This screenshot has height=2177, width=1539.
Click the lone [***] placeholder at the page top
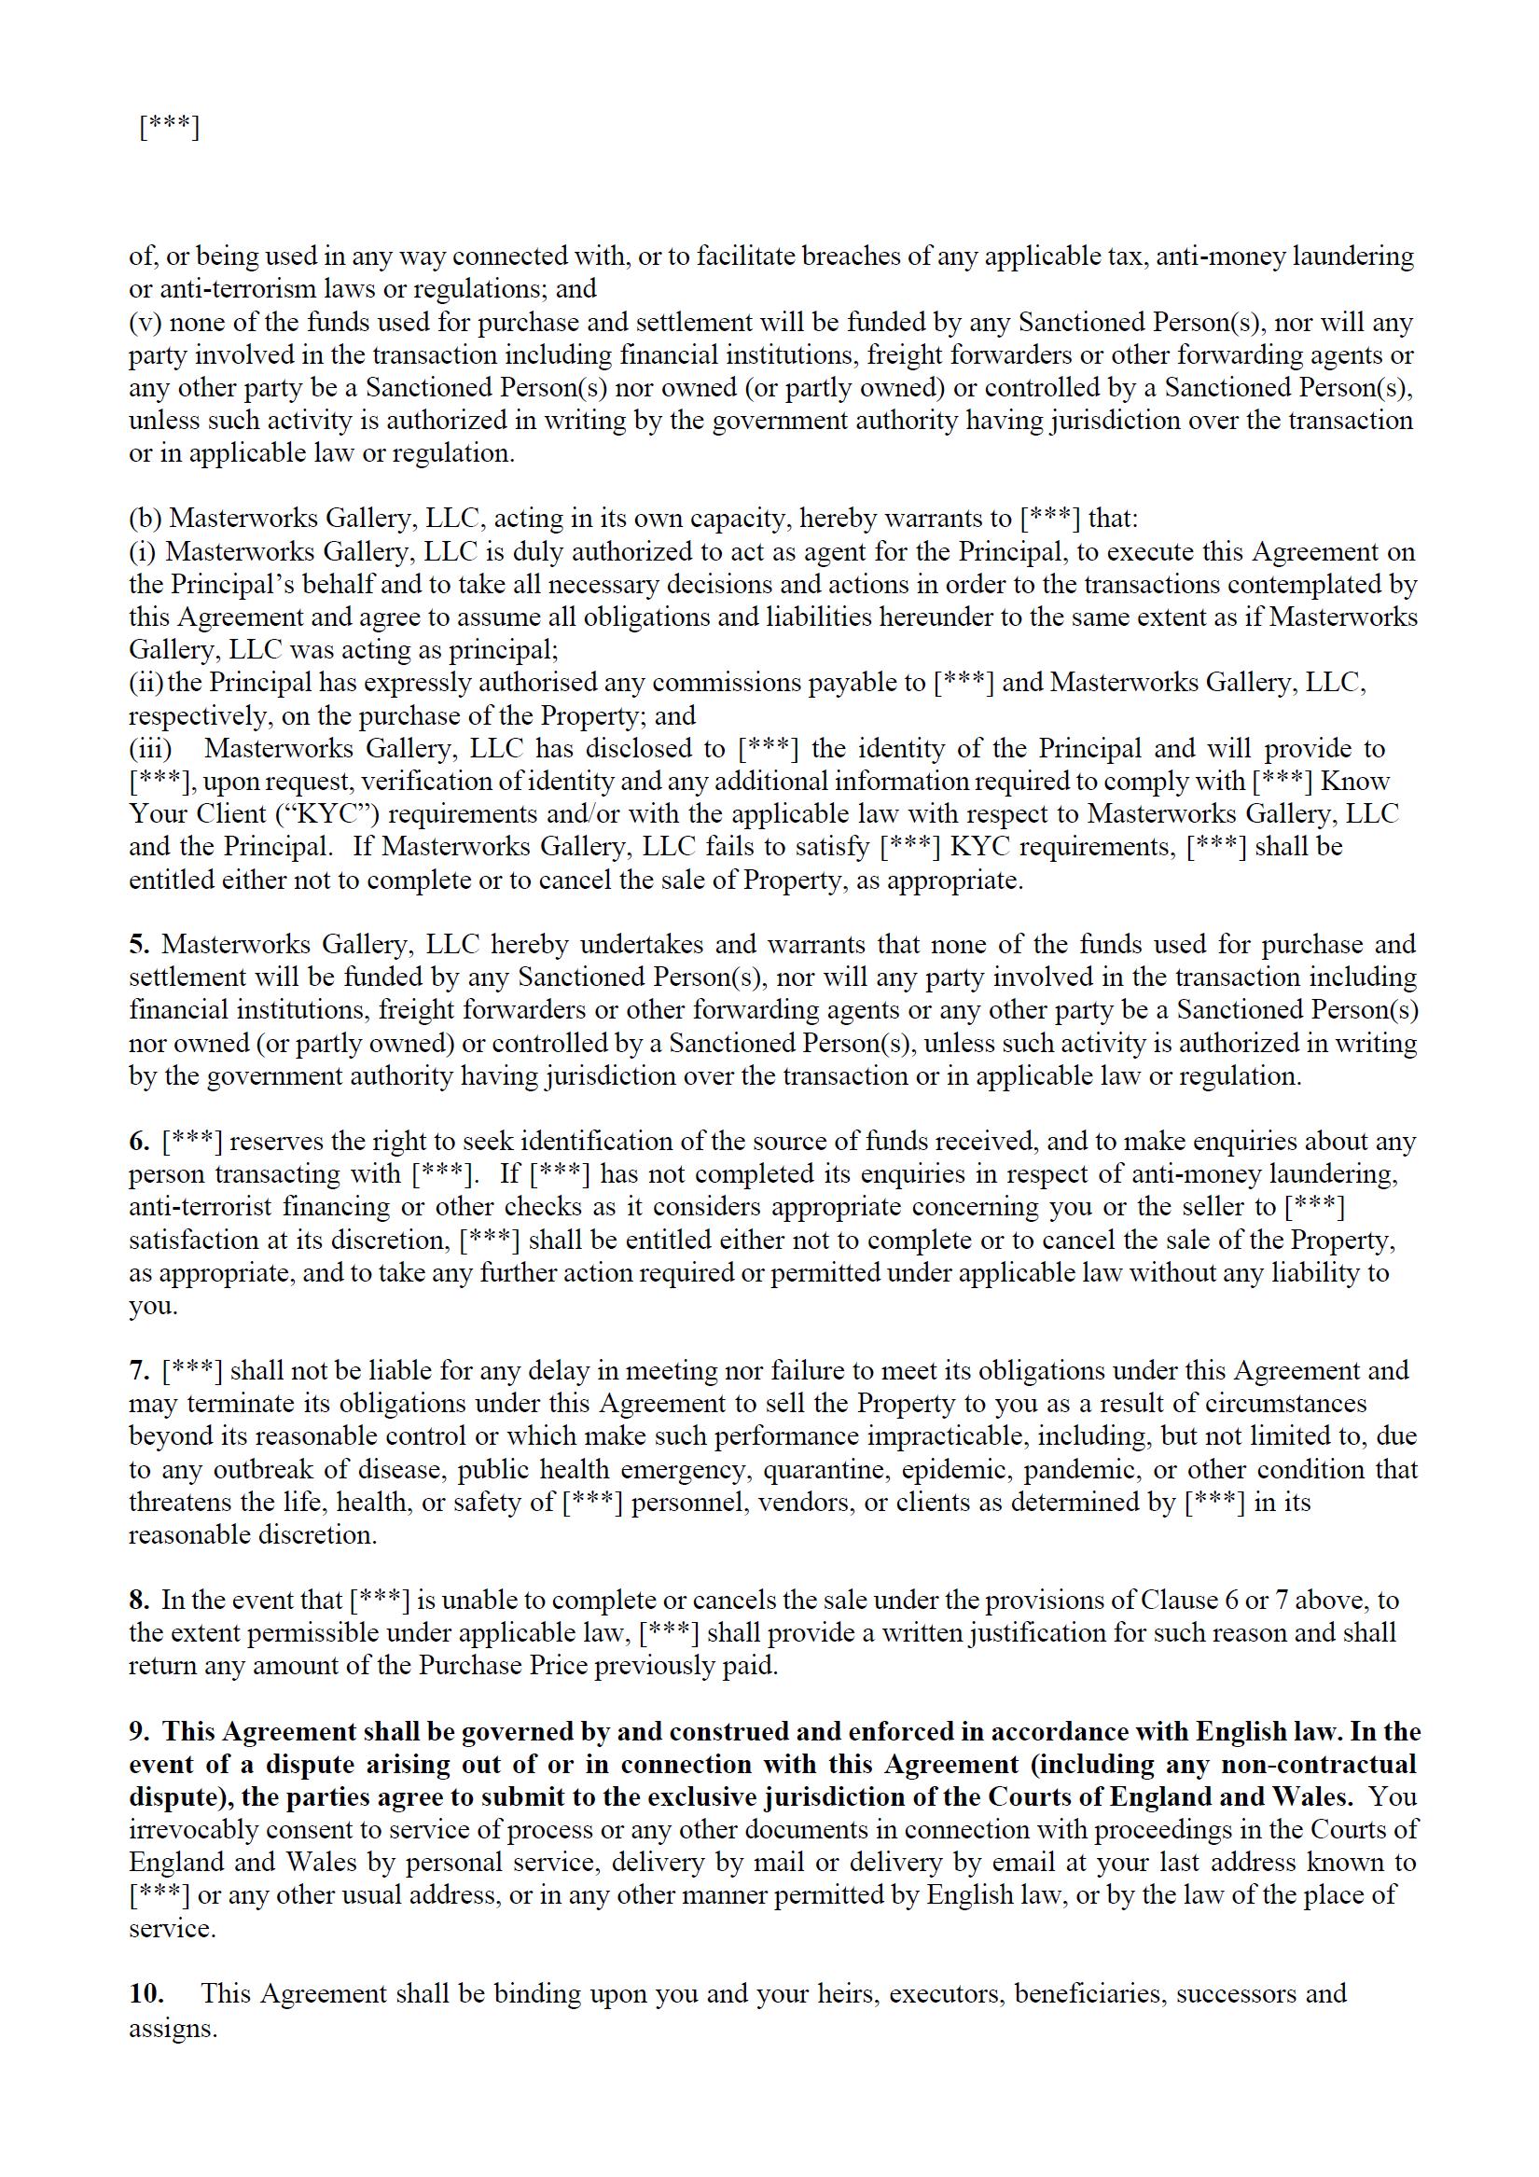pos(169,127)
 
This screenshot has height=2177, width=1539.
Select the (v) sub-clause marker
pos(145,323)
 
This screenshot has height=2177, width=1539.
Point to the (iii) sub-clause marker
pos(150,749)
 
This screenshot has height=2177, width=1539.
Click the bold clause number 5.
pos(139,944)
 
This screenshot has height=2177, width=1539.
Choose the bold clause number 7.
pos(139,1370)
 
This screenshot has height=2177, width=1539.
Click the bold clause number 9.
pos(139,1731)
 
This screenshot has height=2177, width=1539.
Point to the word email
pos(1024,1863)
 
